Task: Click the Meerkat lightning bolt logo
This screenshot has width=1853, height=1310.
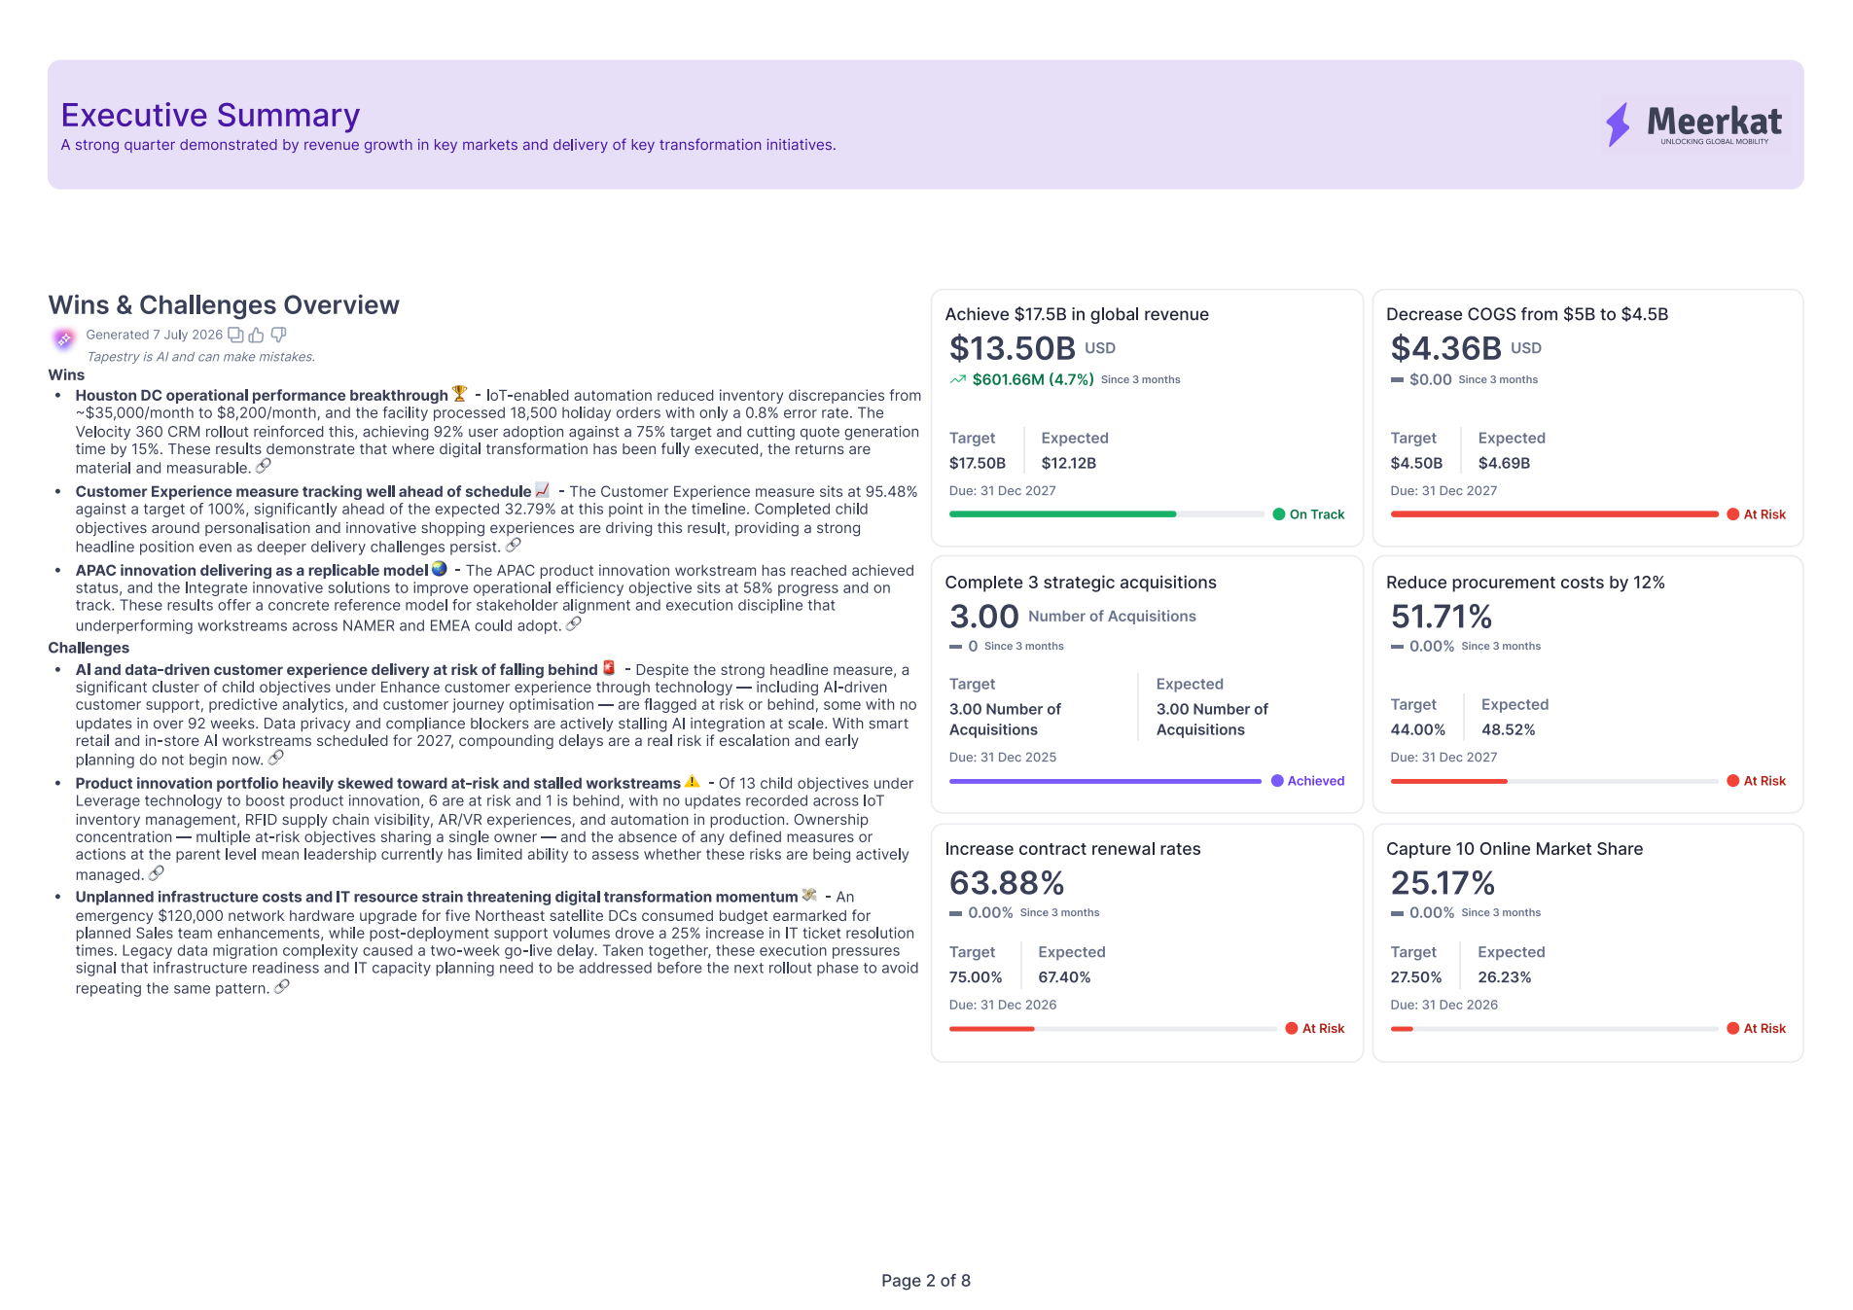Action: [x=1618, y=124]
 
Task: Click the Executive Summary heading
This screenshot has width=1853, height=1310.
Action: [x=210, y=116]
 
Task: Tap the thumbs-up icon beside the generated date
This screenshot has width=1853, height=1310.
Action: [x=257, y=335]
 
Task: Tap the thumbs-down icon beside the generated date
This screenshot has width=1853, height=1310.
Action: [x=278, y=335]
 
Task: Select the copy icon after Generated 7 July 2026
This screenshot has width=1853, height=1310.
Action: [x=235, y=335]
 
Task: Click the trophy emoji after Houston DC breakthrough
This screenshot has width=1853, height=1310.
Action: [x=460, y=394]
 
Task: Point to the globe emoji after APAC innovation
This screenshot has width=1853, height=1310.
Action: [x=440, y=569]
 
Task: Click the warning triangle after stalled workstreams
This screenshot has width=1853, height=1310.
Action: [x=692, y=782]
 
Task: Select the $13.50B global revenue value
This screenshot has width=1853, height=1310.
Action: [x=1013, y=347]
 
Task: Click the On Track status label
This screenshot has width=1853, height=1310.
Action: [x=1317, y=514]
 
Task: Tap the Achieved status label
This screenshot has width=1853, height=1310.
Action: [x=1316, y=781]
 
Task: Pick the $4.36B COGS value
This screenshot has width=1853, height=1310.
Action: [x=1445, y=347]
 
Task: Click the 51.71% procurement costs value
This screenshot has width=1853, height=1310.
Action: [x=1442, y=617]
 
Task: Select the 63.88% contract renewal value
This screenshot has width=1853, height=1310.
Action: [x=1007, y=883]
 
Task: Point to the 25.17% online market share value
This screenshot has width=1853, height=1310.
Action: [x=1443, y=883]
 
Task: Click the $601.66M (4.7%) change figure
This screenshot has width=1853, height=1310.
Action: [x=1033, y=379]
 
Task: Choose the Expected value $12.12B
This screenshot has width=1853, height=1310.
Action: [x=1069, y=463]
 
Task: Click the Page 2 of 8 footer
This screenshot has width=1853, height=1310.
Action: [x=926, y=1281]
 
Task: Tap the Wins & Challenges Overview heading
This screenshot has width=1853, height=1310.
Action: [x=224, y=305]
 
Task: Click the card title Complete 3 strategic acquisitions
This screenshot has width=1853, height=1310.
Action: [x=1081, y=583]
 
